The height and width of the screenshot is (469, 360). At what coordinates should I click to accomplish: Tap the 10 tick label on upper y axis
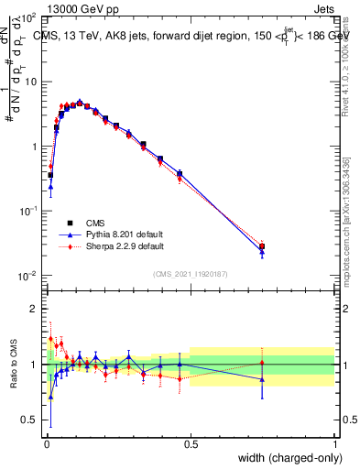coord(31,82)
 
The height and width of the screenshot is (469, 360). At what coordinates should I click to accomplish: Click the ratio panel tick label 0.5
coord(31,420)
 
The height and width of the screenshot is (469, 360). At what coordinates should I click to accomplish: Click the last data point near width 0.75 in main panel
coord(262,246)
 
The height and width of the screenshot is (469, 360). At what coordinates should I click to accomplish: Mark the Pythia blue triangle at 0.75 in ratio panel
coord(262,379)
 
